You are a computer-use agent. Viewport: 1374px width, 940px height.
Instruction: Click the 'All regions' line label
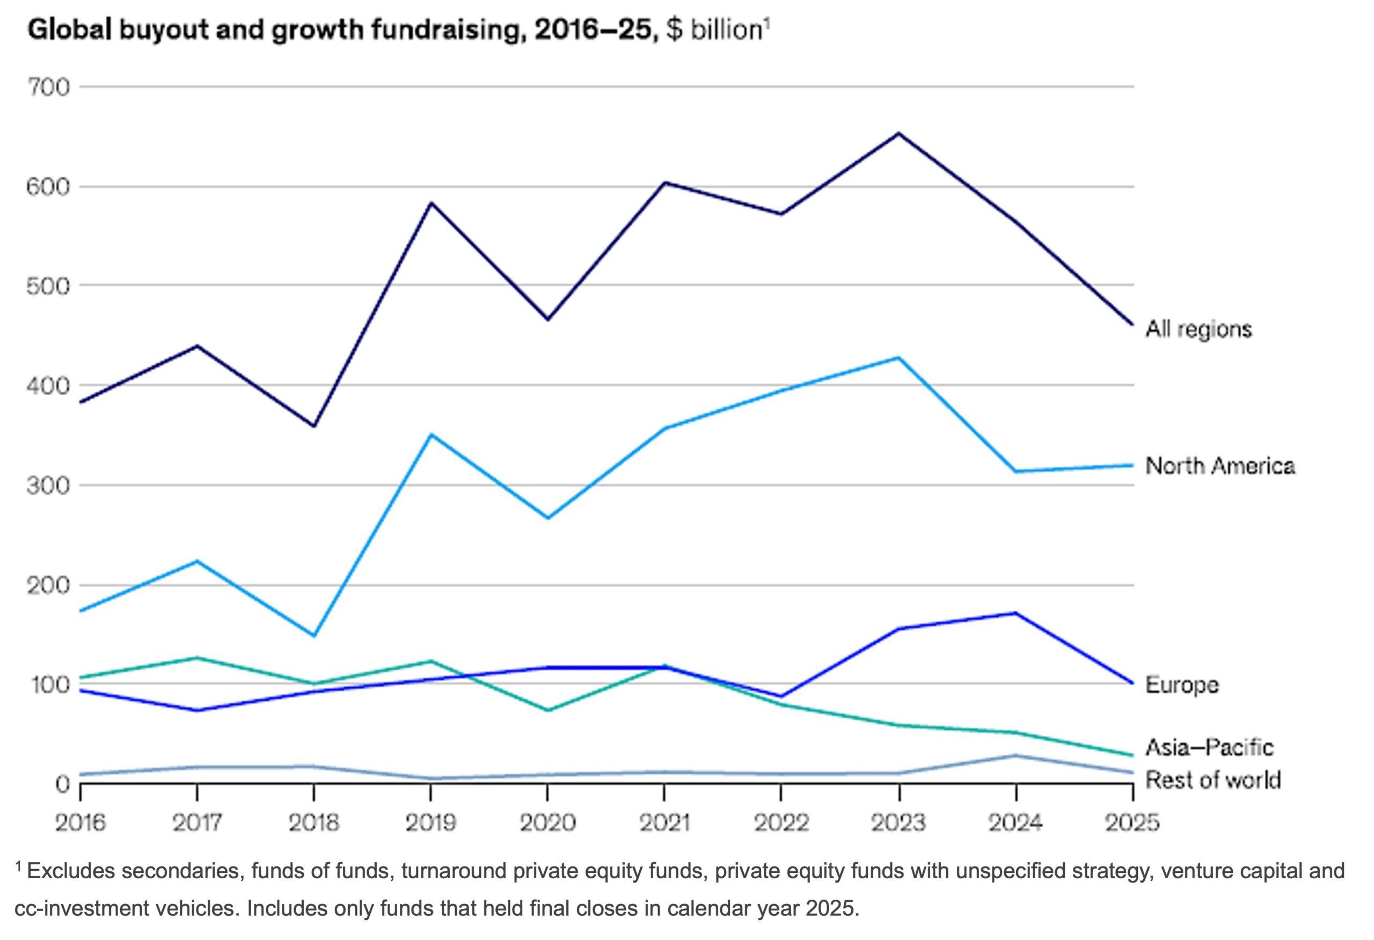coord(1198,329)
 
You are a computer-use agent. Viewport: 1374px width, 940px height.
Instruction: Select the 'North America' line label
coord(1219,466)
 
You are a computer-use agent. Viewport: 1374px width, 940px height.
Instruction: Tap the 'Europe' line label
coord(1182,685)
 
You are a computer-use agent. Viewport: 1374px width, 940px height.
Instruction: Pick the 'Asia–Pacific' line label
coord(1209,747)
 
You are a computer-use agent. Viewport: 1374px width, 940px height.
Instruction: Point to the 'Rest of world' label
coord(1212,780)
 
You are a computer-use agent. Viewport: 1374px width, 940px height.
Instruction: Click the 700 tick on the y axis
coord(48,88)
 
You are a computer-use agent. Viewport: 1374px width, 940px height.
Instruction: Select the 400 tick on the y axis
coord(48,386)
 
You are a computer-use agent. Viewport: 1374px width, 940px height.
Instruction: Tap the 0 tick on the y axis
coord(63,784)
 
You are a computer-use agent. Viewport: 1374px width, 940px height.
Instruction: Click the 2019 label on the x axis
coord(430,822)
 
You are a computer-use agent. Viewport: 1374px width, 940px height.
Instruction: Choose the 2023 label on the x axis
coord(898,822)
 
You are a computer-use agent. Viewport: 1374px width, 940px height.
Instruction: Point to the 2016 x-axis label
coord(81,822)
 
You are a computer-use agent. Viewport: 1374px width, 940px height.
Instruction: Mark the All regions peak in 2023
coord(898,133)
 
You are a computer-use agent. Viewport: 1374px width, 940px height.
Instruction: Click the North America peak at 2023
coord(898,357)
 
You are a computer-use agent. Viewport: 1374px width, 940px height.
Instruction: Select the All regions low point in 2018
coord(314,426)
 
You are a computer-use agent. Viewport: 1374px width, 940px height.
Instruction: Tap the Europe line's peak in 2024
coord(1015,613)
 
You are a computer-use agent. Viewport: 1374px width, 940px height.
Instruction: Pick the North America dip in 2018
coord(314,636)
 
